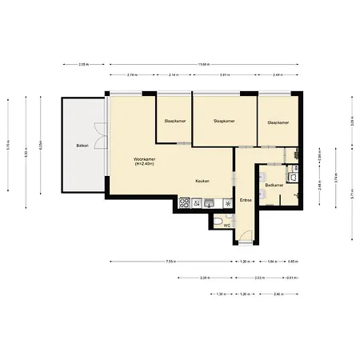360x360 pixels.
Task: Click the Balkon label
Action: pos(81,146)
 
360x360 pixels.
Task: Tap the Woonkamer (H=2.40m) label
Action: pos(144,162)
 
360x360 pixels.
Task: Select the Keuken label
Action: pos(202,181)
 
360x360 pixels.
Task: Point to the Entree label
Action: pos(246,199)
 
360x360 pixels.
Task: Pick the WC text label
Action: pos(226,226)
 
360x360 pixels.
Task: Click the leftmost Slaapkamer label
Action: pos(174,122)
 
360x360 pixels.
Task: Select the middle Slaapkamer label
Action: pos(224,122)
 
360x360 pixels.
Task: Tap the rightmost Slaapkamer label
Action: pos(278,122)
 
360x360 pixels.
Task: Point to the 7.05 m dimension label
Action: pos(170,262)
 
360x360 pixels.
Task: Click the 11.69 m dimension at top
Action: pos(204,64)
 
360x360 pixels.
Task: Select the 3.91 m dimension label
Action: pos(225,74)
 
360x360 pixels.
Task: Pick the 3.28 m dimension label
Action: pos(204,278)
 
